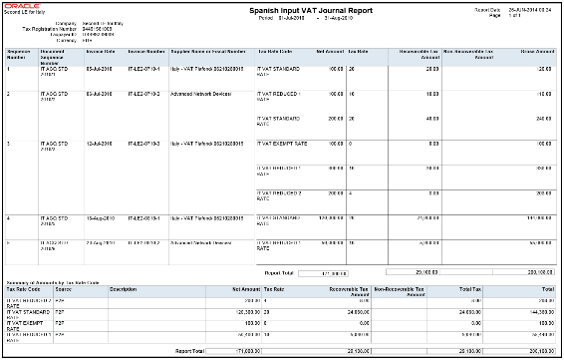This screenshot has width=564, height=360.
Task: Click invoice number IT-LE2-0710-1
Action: click(x=146, y=68)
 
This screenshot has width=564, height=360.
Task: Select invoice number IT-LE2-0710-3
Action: click(x=146, y=143)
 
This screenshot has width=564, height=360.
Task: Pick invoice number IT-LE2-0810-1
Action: click(x=146, y=216)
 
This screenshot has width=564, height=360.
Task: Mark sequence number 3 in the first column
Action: click(x=10, y=143)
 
